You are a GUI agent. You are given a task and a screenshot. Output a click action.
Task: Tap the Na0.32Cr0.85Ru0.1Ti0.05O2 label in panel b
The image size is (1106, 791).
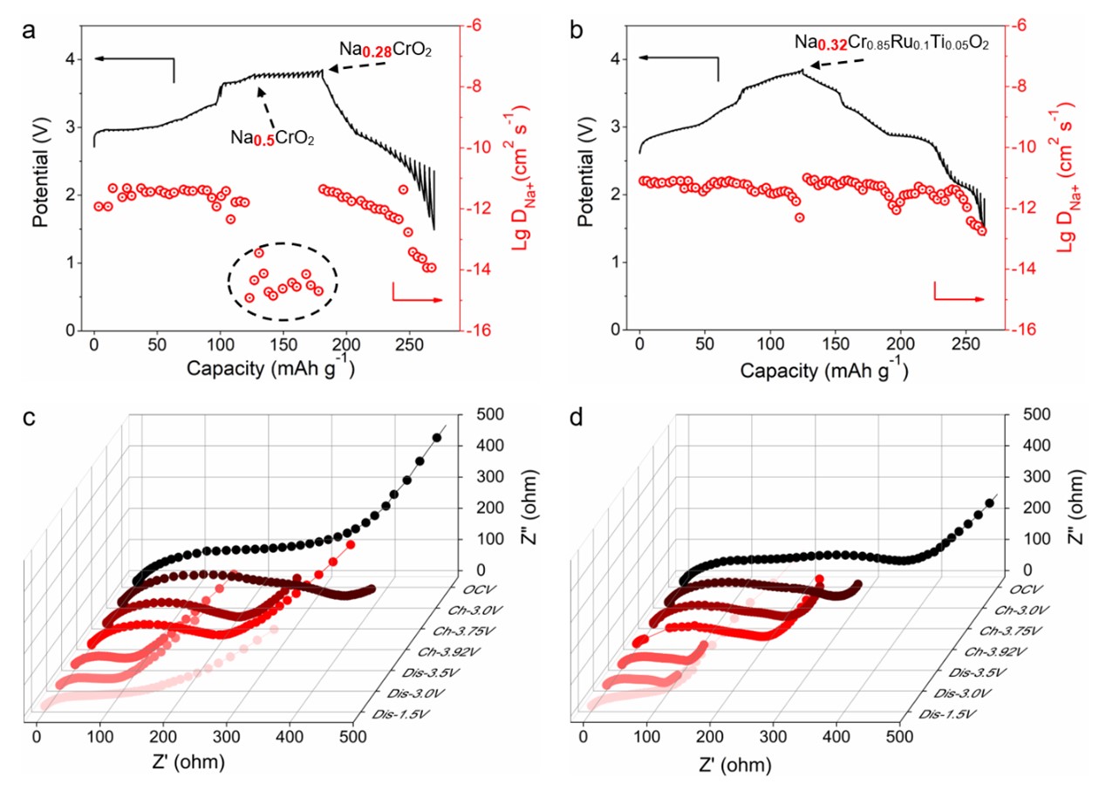point(891,41)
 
